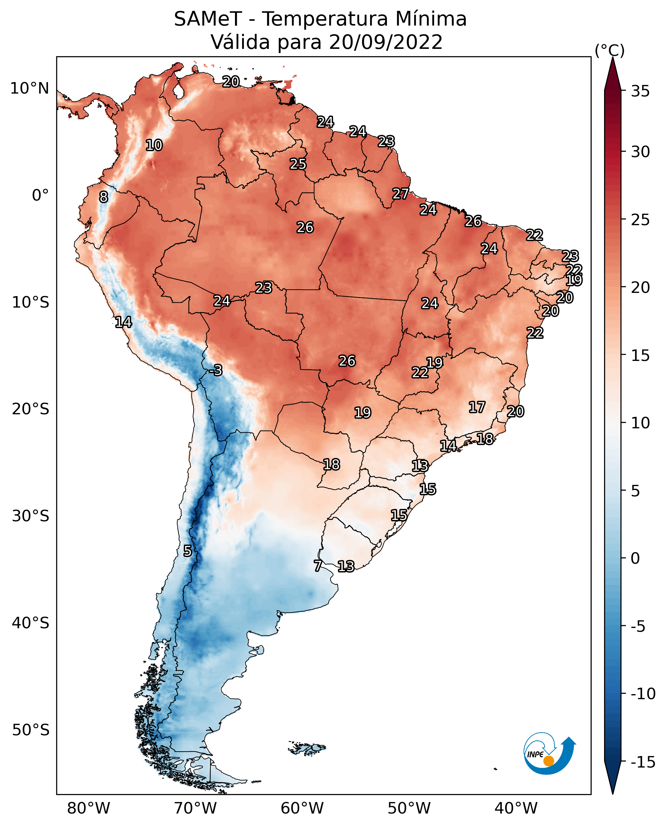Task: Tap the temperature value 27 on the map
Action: (400, 194)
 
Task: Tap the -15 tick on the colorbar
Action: (643, 762)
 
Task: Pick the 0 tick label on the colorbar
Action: (636, 558)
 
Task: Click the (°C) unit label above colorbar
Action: (609, 50)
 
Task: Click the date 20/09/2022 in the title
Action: (386, 42)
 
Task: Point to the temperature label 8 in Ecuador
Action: (103, 197)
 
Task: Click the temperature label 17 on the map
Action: (477, 407)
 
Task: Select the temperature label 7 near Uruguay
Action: (318, 565)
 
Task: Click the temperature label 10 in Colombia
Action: (154, 145)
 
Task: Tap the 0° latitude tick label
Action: (40, 195)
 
